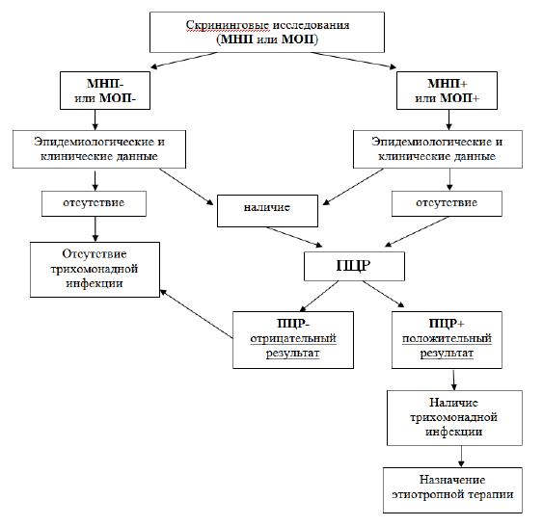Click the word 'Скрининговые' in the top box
click(x=228, y=25)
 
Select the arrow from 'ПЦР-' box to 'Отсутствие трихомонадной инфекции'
click(x=196, y=314)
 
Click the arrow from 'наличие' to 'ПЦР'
click(x=294, y=237)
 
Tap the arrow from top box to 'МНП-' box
click(x=184, y=60)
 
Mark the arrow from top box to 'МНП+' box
click(x=354, y=60)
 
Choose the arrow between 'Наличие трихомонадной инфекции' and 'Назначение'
click(x=461, y=457)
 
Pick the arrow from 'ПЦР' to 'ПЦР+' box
click(x=383, y=294)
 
